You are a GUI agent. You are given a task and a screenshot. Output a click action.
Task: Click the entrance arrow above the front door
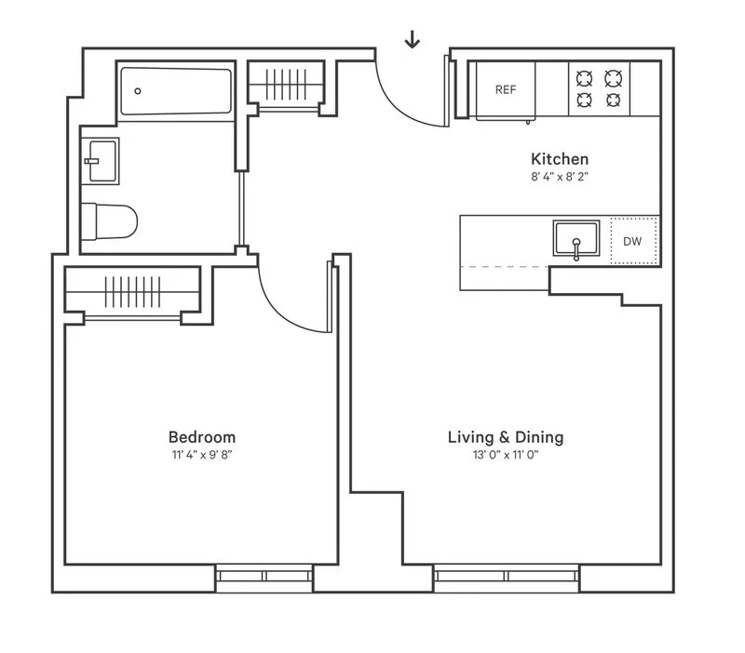pyautogui.click(x=412, y=39)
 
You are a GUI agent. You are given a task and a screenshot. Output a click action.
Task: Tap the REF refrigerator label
pyautogui.click(x=506, y=90)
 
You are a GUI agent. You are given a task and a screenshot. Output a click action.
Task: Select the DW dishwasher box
pyautogui.click(x=632, y=242)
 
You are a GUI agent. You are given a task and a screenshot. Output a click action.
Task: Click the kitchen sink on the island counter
pyautogui.click(x=576, y=239)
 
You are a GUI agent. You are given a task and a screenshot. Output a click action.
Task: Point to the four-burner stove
pyautogui.click(x=598, y=89)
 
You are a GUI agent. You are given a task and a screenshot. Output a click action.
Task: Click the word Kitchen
pyautogui.click(x=560, y=159)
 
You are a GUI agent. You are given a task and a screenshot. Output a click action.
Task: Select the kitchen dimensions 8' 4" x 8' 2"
pyautogui.click(x=560, y=177)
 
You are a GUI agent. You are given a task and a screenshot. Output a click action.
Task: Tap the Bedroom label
pyautogui.click(x=202, y=436)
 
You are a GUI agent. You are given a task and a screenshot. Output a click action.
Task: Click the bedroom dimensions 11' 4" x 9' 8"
pyautogui.click(x=202, y=456)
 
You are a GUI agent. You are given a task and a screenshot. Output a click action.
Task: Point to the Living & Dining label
pyautogui.click(x=506, y=436)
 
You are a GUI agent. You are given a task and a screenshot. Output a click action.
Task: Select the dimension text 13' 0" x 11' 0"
pyautogui.click(x=506, y=456)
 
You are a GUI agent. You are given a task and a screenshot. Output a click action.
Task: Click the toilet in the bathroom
pyautogui.click(x=110, y=221)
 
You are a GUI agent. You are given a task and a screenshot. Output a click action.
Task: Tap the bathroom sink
pyautogui.click(x=100, y=160)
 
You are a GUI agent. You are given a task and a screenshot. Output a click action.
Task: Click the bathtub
pyautogui.click(x=175, y=90)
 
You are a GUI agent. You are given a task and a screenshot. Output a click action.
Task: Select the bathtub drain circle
pyautogui.click(x=138, y=91)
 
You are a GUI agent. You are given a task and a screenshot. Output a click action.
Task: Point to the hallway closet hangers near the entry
pyautogui.click(x=287, y=84)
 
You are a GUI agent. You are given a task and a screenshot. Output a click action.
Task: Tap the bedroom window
pyautogui.click(x=265, y=577)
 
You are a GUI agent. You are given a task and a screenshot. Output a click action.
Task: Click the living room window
pyautogui.click(x=507, y=577)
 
